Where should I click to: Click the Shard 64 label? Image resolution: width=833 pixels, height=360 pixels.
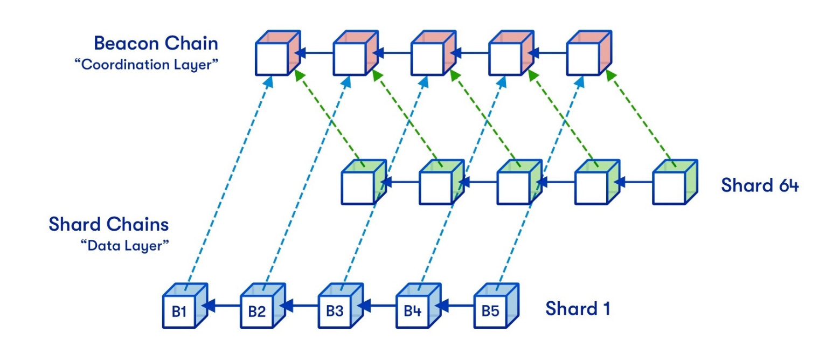[760, 185]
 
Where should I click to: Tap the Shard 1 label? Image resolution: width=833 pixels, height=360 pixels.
[578, 309]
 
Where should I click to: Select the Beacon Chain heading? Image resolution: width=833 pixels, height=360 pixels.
[157, 43]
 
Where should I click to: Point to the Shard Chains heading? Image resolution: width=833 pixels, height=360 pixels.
[109, 224]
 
